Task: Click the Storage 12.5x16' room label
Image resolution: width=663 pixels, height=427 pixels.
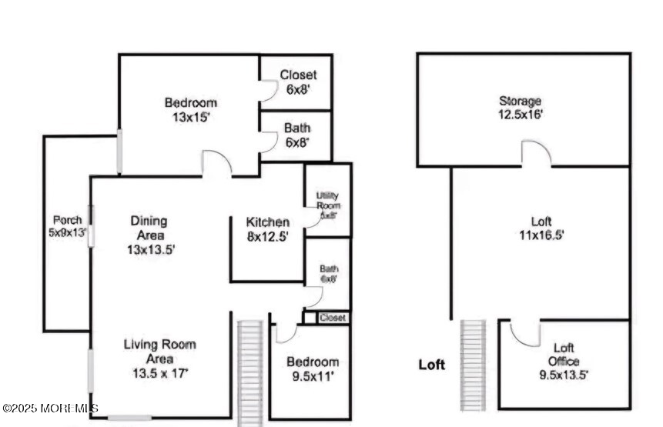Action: (521, 107)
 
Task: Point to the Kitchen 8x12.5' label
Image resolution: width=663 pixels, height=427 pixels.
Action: (268, 229)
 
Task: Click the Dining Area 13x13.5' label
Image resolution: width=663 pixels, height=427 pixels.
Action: (149, 235)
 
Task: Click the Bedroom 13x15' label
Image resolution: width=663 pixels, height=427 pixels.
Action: (190, 110)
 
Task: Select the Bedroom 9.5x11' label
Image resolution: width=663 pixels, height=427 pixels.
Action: (313, 369)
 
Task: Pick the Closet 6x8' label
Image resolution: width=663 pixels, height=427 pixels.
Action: (297, 82)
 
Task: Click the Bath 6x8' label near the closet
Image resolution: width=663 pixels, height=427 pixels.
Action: (297, 135)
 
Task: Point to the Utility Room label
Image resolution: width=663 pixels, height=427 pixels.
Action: (328, 205)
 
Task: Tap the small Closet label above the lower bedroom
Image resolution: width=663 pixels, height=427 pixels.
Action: (333, 317)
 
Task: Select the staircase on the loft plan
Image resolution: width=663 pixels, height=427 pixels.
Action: (472, 365)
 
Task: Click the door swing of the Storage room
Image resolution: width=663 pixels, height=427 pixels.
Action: (536, 154)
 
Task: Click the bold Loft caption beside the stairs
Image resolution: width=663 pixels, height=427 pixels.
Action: (432, 365)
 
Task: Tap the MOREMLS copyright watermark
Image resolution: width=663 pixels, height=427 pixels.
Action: (50, 408)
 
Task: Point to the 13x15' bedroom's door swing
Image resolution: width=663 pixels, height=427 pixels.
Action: (216, 163)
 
